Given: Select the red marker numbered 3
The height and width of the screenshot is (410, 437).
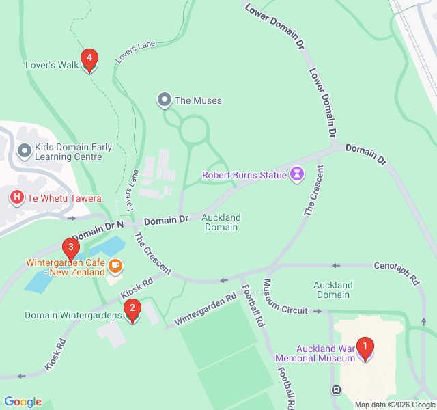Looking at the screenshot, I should point(69,248).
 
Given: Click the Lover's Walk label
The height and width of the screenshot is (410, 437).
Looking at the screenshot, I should point(52,66).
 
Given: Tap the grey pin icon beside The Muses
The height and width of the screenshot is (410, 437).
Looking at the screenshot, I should point(164,100).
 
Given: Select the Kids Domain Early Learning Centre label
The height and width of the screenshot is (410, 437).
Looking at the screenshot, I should point(68,152).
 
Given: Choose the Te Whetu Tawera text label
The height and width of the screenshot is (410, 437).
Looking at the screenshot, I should point(64,199).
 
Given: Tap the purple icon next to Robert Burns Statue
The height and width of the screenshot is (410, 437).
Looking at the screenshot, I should point(296,175).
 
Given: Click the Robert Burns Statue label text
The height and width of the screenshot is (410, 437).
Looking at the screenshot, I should point(244,175).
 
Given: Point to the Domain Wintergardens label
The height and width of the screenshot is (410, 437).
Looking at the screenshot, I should point(72,315).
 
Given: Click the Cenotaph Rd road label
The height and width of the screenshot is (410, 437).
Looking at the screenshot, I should point(396,272).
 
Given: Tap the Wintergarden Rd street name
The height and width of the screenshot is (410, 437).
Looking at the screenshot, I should point(206,309).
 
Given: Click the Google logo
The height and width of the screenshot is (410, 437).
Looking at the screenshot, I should point(23,402).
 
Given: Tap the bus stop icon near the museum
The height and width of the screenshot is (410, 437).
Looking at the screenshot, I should point(336,390).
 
